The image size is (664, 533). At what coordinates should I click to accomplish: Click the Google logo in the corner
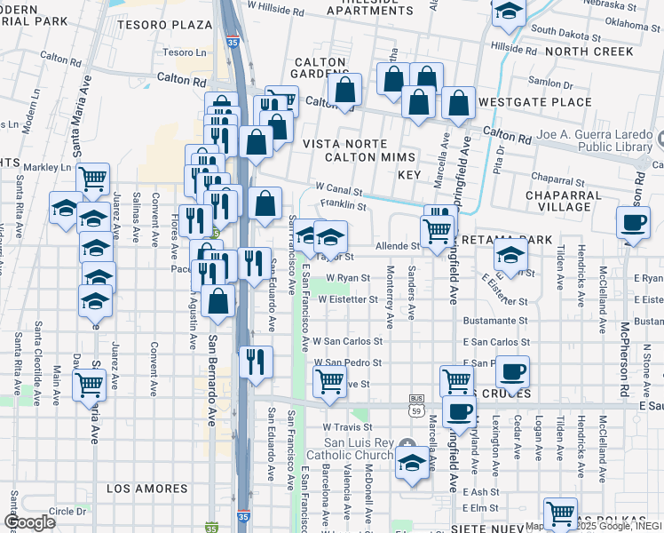pos(29,522)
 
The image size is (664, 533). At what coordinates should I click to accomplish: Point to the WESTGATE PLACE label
pos(534,102)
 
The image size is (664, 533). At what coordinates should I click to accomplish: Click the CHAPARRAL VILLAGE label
pos(568,201)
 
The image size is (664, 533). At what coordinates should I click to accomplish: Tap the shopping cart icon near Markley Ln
pos(92,179)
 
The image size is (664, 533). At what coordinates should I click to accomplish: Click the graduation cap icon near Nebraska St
pos(510,11)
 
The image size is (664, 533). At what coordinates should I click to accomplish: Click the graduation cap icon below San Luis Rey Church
pos(412,463)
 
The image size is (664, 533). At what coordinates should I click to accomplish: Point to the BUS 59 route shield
pos(416,405)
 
